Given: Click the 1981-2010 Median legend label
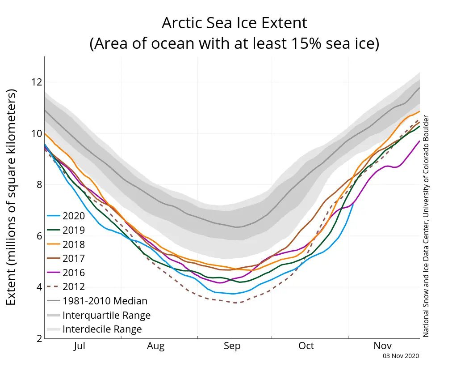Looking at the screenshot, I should click(105, 301).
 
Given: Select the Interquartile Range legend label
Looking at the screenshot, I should click(106, 315).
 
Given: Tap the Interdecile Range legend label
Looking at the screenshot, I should click(102, 329).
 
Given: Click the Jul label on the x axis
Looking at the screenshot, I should click(79, 346).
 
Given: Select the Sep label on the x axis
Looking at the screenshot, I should click(232, 346).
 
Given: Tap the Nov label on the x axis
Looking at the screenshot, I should click(382, 346).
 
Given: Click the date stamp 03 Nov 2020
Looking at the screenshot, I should click(401, 356).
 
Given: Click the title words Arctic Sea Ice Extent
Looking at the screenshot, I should click(234, 23).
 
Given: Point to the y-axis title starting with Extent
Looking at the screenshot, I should click(12, 197).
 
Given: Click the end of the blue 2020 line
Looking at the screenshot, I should click(353, 204).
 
